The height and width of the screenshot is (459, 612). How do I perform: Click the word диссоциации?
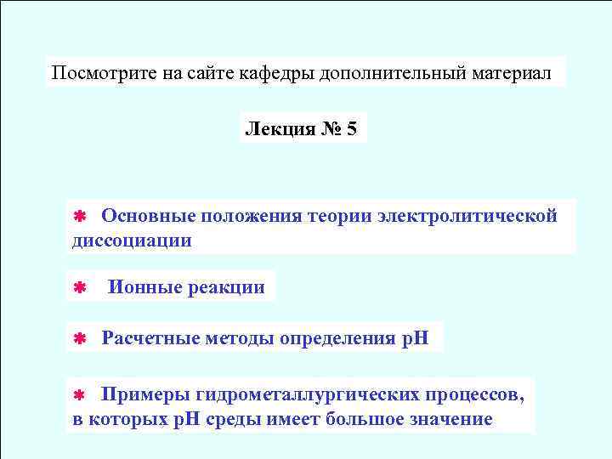(x=131, y=241)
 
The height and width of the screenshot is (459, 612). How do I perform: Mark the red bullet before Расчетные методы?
(x=76, y=340)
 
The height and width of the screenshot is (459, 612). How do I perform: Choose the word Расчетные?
(x=150, y=339)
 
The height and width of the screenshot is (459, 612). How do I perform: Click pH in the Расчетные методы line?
(x=415, y=339)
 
